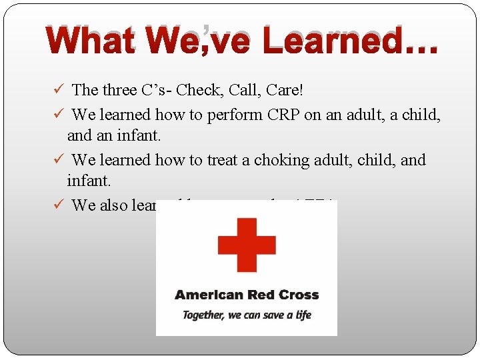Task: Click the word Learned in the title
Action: point(333,41)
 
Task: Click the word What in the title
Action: point(90,41)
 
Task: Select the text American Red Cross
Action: point(247,295)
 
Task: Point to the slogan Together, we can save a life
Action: point(247,315)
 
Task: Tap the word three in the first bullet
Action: point(120,90)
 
